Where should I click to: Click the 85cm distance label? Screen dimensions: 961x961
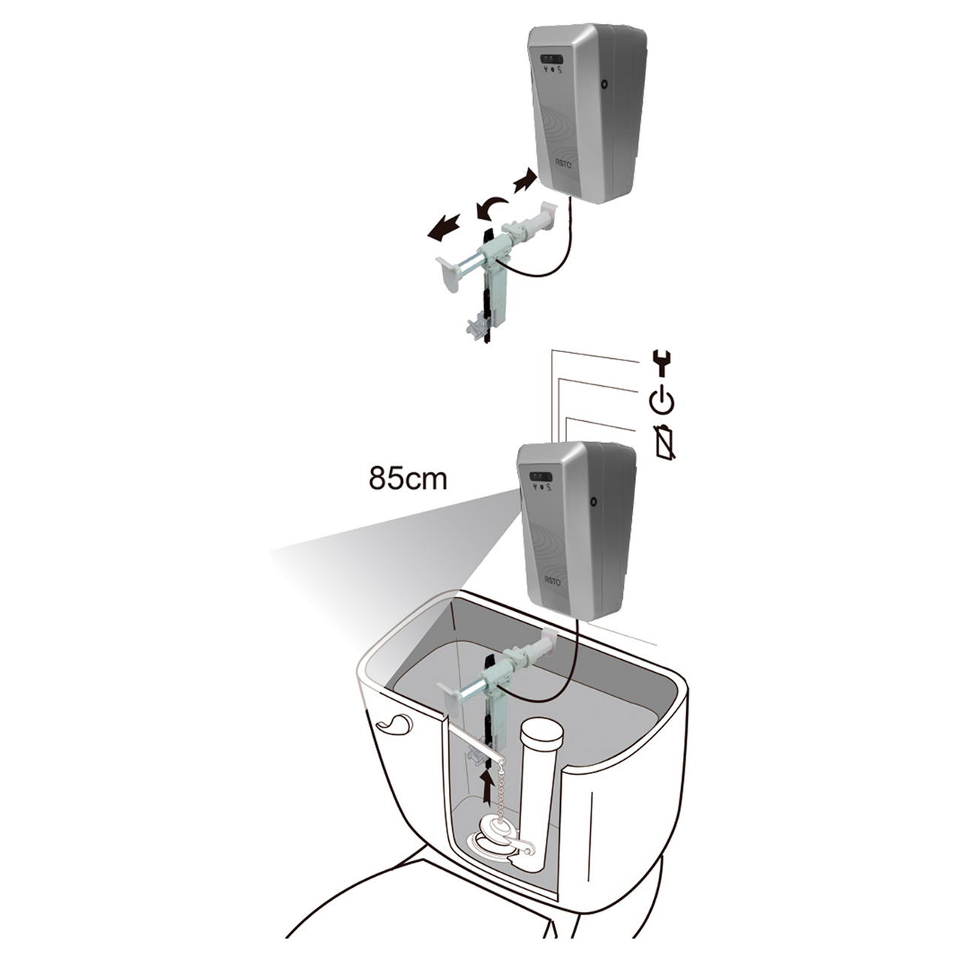coord(408,477)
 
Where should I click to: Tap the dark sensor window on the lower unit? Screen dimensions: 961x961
coord(540,476)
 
